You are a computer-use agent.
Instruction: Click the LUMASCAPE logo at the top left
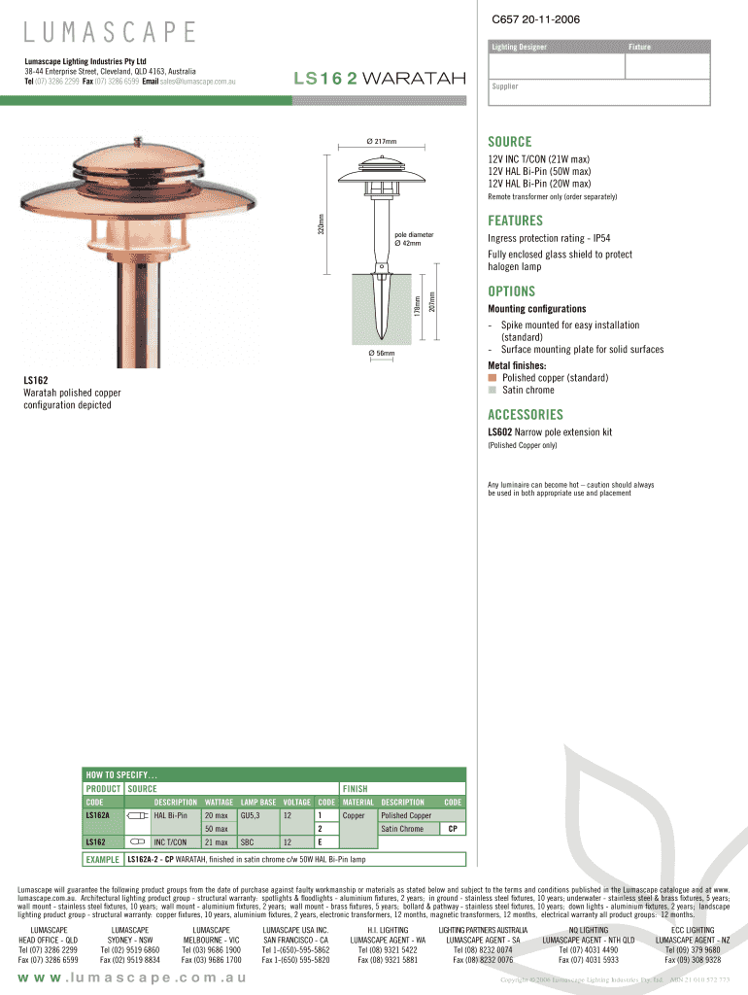click(110, 32)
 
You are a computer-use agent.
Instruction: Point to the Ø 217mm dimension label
click(382, 140)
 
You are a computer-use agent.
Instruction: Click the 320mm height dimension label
click(322, 223)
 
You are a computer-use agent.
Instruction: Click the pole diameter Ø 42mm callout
click(414, 239)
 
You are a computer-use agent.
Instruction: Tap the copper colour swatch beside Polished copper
click(493, 377)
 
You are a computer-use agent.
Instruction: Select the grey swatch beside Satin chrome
click(493, 390)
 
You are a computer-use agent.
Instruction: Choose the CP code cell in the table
click(453, 829)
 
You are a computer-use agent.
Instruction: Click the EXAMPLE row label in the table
click(102, 859)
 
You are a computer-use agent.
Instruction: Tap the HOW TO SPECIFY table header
click(122, 774)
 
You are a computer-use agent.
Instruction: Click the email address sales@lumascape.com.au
click(198, 81)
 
